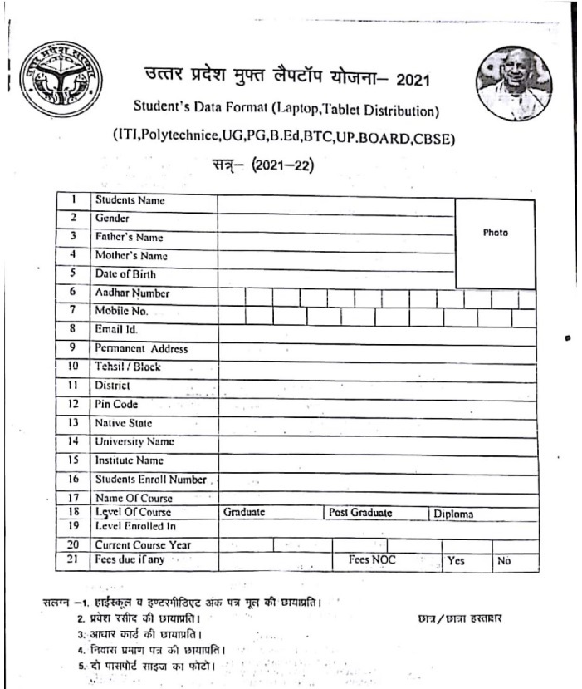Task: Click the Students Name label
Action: [130, 200]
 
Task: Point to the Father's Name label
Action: [129, 237]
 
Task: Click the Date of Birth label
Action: [125, 274]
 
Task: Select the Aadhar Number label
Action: [132, 293]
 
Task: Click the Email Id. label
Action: [116, 330]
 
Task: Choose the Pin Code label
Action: [116, 404]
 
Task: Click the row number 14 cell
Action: [73, 441]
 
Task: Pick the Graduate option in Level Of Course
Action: [244, 514]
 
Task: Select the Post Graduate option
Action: [360, 514]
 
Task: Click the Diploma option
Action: [453, 514]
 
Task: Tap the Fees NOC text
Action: [372, 561]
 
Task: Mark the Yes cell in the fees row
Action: [456, 562]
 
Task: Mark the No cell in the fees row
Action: [504, 562]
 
